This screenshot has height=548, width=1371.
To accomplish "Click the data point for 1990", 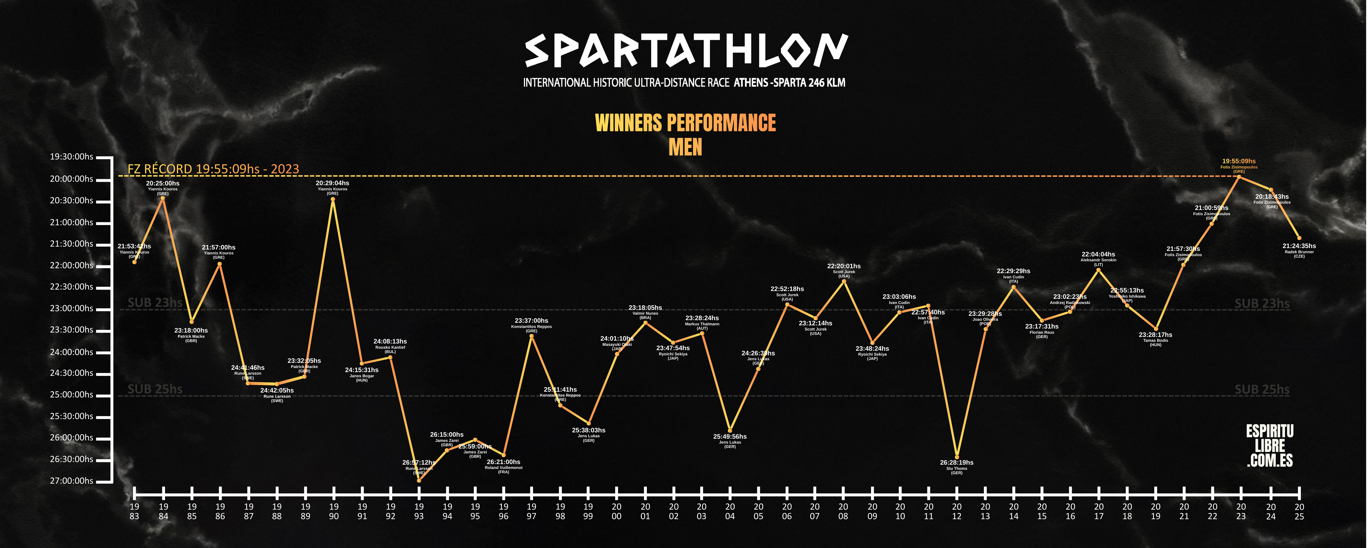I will tap(333, 200).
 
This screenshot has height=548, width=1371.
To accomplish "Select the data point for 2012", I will tap(957, 457).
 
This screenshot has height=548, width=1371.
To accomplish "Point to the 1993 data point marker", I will tap(419, 481).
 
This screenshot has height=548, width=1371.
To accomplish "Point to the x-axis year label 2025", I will tap(1299, 511).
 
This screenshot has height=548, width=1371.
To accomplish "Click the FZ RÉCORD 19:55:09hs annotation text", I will tap(213, 169).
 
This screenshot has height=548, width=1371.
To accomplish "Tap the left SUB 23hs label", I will tap(155, 303).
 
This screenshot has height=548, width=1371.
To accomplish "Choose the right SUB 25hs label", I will tap(1262, 389).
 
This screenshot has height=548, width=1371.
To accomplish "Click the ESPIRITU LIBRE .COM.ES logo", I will tap(1270, 446).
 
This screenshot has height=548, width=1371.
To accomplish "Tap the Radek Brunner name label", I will tap(1299, 252).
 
